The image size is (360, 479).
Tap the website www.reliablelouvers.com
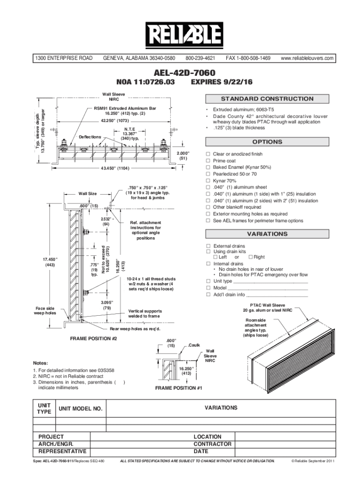(x=307, y=58)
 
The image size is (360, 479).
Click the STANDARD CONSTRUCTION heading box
(x=267, y=99)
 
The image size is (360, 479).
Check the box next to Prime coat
(x=209, y=160)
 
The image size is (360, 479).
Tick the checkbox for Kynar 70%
(x=209, y=181)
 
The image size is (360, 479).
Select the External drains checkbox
(x=209, y=246)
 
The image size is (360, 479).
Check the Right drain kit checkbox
(x=250, y=257)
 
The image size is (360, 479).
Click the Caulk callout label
(x=194, y=345)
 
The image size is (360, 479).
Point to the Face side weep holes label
(x=45, y=311)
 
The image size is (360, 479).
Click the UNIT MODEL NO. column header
(x=80, y=409)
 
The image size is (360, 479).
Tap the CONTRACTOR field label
(x=212, y=444)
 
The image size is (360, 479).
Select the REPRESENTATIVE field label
(x=62, y=451)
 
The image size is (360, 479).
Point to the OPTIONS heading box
(x=267, y=142)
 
